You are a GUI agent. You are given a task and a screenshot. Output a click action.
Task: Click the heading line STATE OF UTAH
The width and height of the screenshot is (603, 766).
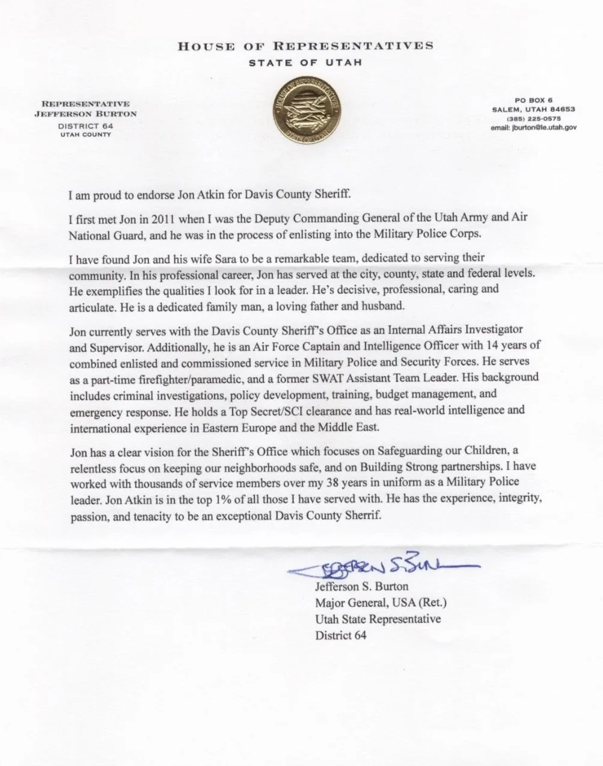pos(305,63)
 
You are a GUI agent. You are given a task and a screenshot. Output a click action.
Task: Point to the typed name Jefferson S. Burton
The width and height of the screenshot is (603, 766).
pos(361,586)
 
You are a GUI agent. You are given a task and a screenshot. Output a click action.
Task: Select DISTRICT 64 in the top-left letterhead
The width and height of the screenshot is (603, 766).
pos(85,126)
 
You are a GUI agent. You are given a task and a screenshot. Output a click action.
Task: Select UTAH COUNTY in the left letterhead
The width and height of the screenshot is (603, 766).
pos(85,135)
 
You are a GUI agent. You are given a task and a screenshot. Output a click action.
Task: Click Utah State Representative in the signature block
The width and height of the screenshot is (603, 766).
pos(378,619)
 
